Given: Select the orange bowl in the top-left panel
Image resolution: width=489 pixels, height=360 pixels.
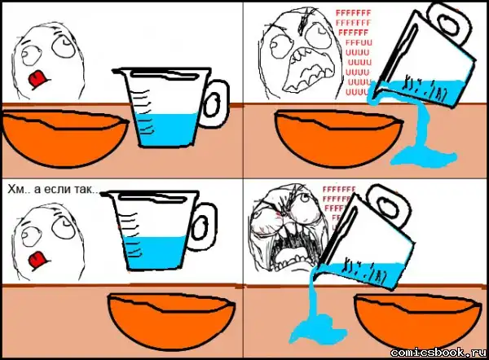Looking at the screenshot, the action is (x=65, y=138).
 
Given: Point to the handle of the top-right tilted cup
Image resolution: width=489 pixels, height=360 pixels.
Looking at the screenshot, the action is (x=447, y=23).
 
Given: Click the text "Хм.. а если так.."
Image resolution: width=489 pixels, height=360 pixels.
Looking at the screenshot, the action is (x=53, y=189).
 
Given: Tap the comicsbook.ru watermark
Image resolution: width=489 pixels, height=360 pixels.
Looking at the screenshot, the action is (x=438, y=352).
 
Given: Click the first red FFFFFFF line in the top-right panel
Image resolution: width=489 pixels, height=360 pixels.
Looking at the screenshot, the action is (x=354, y=13).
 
